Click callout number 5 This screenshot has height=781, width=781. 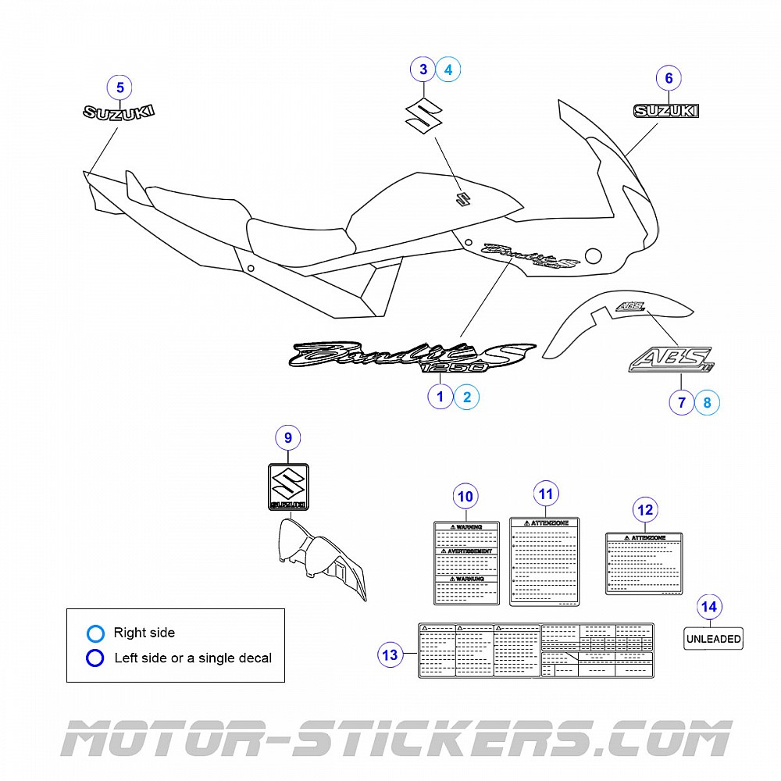coord(119,87)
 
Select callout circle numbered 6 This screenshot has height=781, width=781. coord(669,77)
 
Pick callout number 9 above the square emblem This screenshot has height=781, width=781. coord(288,437)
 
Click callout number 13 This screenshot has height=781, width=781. coord(390,654)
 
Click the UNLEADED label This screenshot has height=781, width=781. coord(713,638)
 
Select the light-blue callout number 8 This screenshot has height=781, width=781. coord(707,402)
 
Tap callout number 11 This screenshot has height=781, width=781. coord(546,494)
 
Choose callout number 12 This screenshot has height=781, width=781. coord(645,511)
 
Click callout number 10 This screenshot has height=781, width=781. coord(465,496)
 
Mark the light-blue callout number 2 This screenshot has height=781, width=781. coord(466,397)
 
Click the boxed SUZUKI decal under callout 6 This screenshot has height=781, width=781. coord(666,111)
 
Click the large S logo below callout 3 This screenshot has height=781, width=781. coord(423,116)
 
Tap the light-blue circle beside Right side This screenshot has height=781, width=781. coord(95,633)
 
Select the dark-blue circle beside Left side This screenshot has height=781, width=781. coord(95,658)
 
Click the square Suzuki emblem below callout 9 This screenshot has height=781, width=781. coord(288,487)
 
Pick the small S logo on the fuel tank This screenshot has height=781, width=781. coord(462,198)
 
